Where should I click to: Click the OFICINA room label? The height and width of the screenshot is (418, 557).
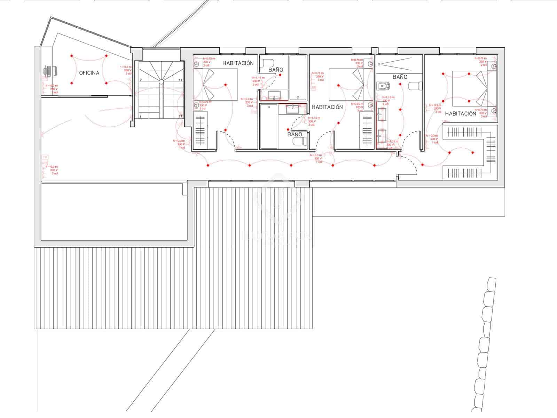click(89, 73)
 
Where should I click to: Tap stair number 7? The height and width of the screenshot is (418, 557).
click(141, 80)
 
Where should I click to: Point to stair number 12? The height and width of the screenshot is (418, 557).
click(181, 80)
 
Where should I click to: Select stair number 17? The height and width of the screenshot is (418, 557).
click(181, 116)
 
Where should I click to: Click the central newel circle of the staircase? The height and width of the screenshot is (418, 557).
click(161, 82)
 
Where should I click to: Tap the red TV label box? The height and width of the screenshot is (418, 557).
click(45, 157)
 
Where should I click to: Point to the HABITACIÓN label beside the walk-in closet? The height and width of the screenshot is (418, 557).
click(460, 114)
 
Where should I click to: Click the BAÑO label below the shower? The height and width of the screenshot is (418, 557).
click(400, 77)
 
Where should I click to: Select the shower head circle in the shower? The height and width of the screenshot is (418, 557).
click(381, 64)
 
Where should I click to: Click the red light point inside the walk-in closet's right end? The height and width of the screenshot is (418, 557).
click(472, 153)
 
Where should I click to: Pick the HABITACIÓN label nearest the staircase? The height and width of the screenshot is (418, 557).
click(238, 63)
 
